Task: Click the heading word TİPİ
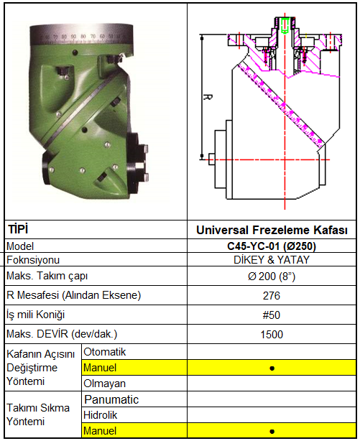(18, 229)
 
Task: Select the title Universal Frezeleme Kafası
(272, 230)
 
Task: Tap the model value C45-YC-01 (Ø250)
(272, 246)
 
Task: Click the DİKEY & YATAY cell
(272, 259)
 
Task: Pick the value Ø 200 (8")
(272, 277)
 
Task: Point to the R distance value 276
(272, 296)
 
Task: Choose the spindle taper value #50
(272, 315)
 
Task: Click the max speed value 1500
(272, 335)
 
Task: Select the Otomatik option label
(105, 352)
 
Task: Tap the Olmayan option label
(105, 384)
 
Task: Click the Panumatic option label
(111, 399)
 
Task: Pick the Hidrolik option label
(100, 415)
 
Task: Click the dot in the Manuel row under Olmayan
(272, 368)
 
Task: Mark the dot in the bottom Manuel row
(272, 431)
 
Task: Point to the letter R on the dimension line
(208, 97)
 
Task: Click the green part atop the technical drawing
(285, 24)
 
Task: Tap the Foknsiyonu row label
(33, 260)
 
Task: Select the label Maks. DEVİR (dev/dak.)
(62, 334)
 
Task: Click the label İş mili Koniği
(35, 315)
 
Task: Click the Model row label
(20, 246)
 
